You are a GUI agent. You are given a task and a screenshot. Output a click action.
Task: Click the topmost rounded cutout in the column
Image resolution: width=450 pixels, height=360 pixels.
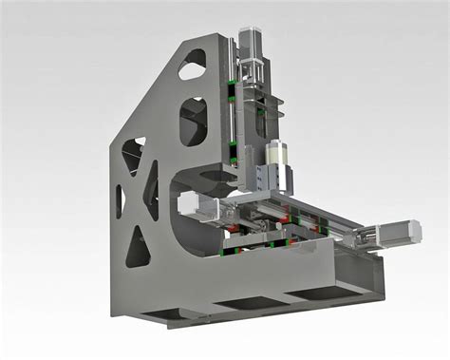click(x=193, y=64)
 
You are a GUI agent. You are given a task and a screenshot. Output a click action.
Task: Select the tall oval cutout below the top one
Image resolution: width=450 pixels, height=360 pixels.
click(x=193, y=121)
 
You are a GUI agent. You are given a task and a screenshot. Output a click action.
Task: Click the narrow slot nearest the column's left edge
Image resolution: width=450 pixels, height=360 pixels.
click(x=120, y=200)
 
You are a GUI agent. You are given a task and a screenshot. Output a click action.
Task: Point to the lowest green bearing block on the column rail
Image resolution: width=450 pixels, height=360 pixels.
click(x=232, y=145)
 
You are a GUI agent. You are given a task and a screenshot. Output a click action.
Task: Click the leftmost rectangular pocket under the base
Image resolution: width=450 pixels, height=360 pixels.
click(x=165, y=313)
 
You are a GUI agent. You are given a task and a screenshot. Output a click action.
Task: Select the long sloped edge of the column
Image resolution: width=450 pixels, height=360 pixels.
click(x=157, y=90)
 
